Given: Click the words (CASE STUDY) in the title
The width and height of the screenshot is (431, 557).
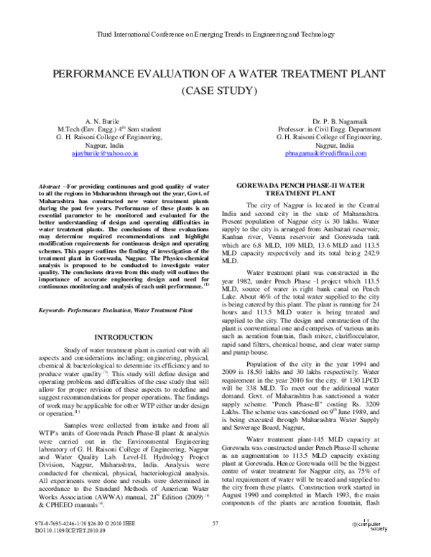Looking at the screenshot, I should pyautogui.click(x=215, y=91).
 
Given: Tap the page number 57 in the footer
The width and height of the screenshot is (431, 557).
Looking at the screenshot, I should pyautogui.click(x=215, y=543).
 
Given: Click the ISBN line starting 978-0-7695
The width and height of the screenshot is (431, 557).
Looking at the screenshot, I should pyautogui.click(x=85, y=543).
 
